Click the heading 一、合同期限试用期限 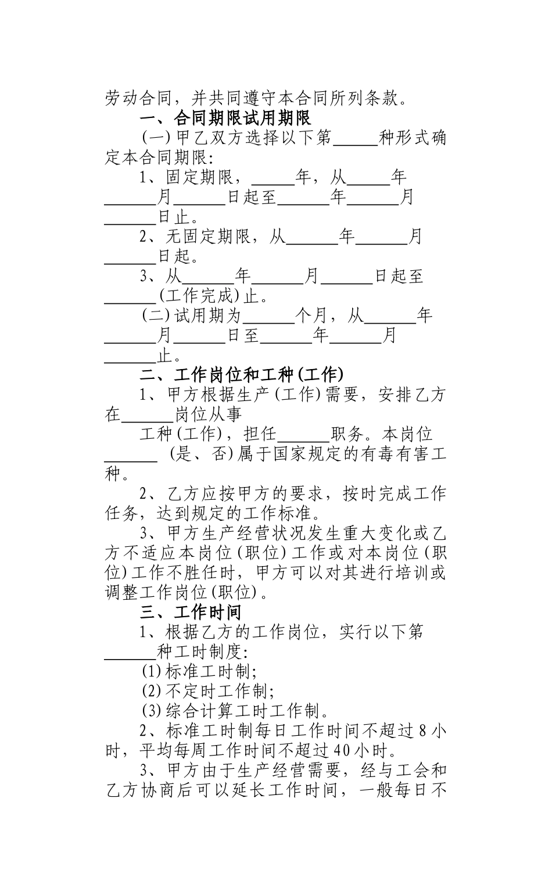pos(226,118)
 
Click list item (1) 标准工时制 pos(200,671)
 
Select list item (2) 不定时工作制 pos(209,691)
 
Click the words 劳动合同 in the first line pos(139,98)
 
